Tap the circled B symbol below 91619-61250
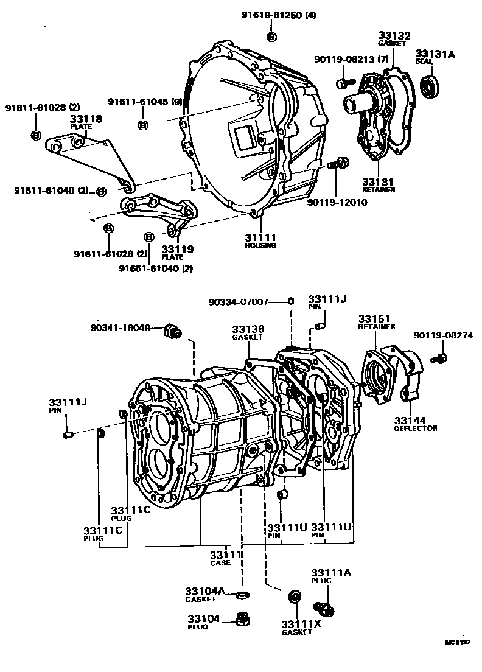pos(271,38)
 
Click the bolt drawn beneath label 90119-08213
pos(343,80)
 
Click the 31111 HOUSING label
pos(260,240)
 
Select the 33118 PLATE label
pos(85,122)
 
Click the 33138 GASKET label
pos(247,332)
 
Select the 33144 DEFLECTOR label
pos(415,424)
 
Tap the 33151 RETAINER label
pos(375,322)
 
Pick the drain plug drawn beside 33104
pos(245,621)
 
